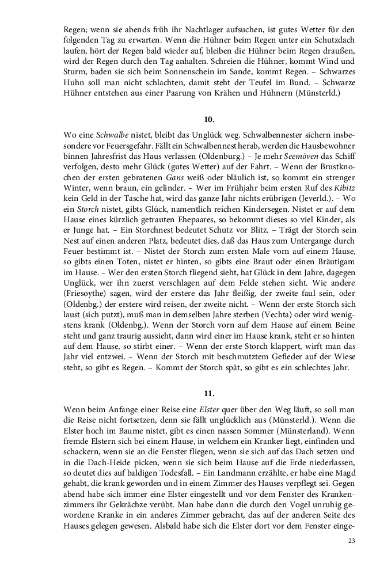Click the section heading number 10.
[209, 119]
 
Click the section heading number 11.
[209, 394]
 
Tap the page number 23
[352, 541]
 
